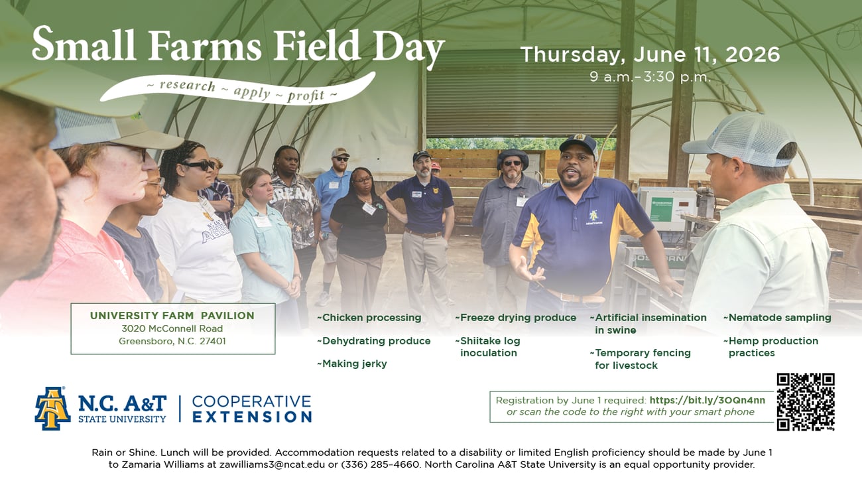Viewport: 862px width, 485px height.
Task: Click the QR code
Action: (x=806, y=402)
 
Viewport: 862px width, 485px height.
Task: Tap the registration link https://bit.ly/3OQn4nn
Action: (x=708, y=400)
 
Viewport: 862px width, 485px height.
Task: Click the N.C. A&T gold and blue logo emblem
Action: (x=53, y=408)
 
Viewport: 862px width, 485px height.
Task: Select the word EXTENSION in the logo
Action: (x=252, y=417)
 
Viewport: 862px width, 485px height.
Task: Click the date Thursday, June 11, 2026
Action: (x=650, y=54)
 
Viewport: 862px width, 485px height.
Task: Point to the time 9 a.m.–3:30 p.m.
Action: (x=650, y=78)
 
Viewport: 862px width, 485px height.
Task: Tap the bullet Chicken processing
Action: (x=369, y=318)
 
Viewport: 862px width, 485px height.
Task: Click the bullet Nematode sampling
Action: (x=777, y=318)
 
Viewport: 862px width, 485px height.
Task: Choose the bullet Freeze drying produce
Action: (x=516, y=318)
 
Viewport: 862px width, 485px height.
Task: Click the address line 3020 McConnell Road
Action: (x=172, y=328)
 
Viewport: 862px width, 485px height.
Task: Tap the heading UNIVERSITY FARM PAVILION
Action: (x=172, y=316)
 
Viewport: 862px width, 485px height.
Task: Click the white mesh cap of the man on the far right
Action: (x=739, y=139)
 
